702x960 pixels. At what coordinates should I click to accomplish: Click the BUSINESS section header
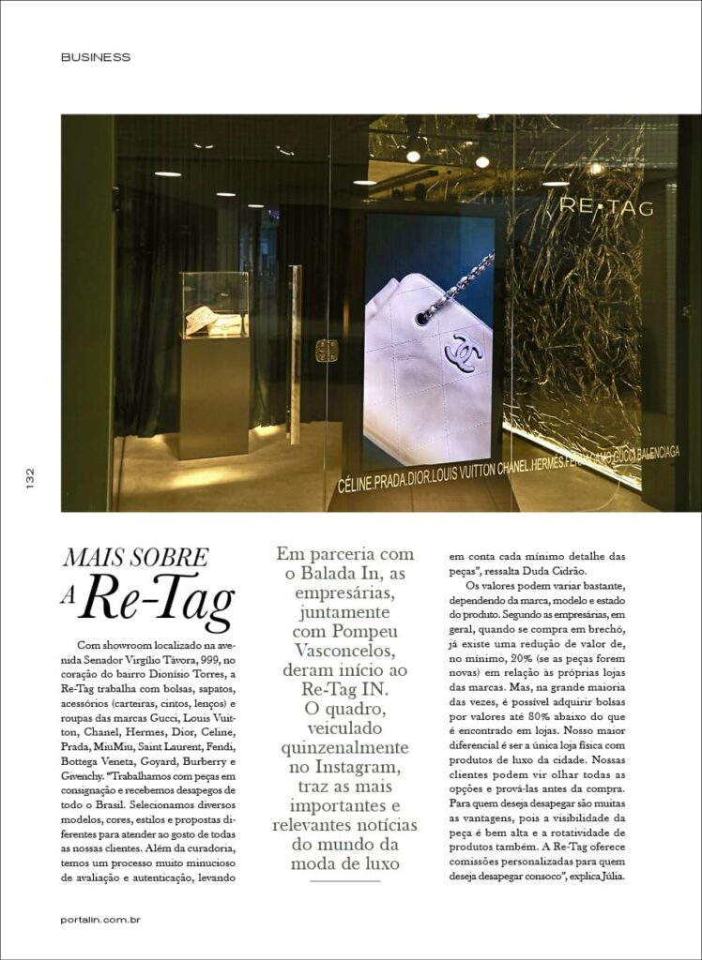click(x=96, y=57)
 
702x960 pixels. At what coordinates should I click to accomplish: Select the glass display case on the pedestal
click(x=214, y=306)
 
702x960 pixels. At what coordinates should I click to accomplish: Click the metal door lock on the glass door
click(x=326, y=351)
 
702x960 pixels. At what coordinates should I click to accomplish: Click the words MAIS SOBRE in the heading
click(x=136, y=558)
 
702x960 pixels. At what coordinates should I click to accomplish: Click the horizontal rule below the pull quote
click(x=344, y=880)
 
